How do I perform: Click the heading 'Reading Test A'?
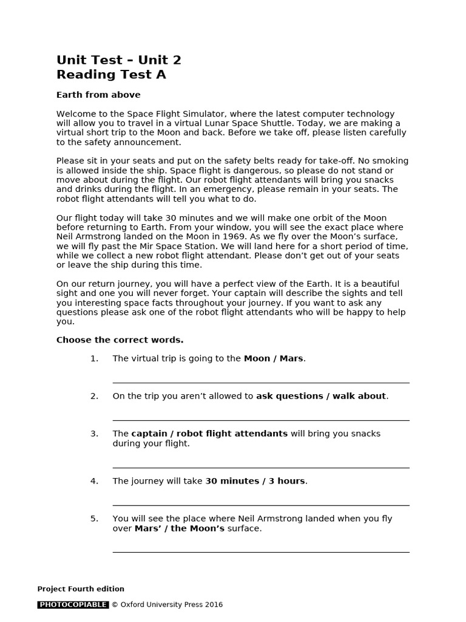point(111,75)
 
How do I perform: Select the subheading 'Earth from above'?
point(98,95)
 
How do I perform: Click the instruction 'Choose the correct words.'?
point(120,340)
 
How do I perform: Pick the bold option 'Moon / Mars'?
point(273,358)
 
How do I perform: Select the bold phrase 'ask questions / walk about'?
point(320,396)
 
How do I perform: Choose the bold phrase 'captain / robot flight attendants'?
point(209,434)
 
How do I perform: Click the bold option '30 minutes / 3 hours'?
point(255,481)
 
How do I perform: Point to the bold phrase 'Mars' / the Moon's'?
point(179,528)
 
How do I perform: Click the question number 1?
point(94,358)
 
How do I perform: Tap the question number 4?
point(94,481)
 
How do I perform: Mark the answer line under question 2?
point(261,420)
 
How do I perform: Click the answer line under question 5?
point(261,552)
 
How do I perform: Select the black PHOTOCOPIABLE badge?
point(73,604)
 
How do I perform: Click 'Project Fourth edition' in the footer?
point(81,589)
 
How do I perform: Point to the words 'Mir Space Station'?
point(169,245)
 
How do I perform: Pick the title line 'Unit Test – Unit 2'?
point(119,60)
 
